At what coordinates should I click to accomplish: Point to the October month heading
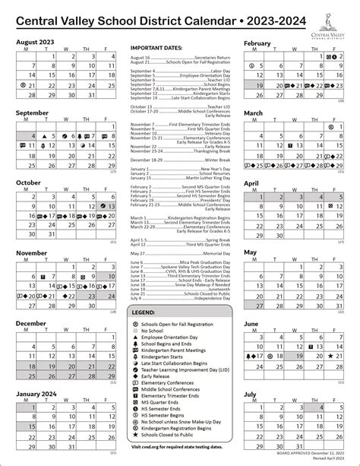tap(28, 182)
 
